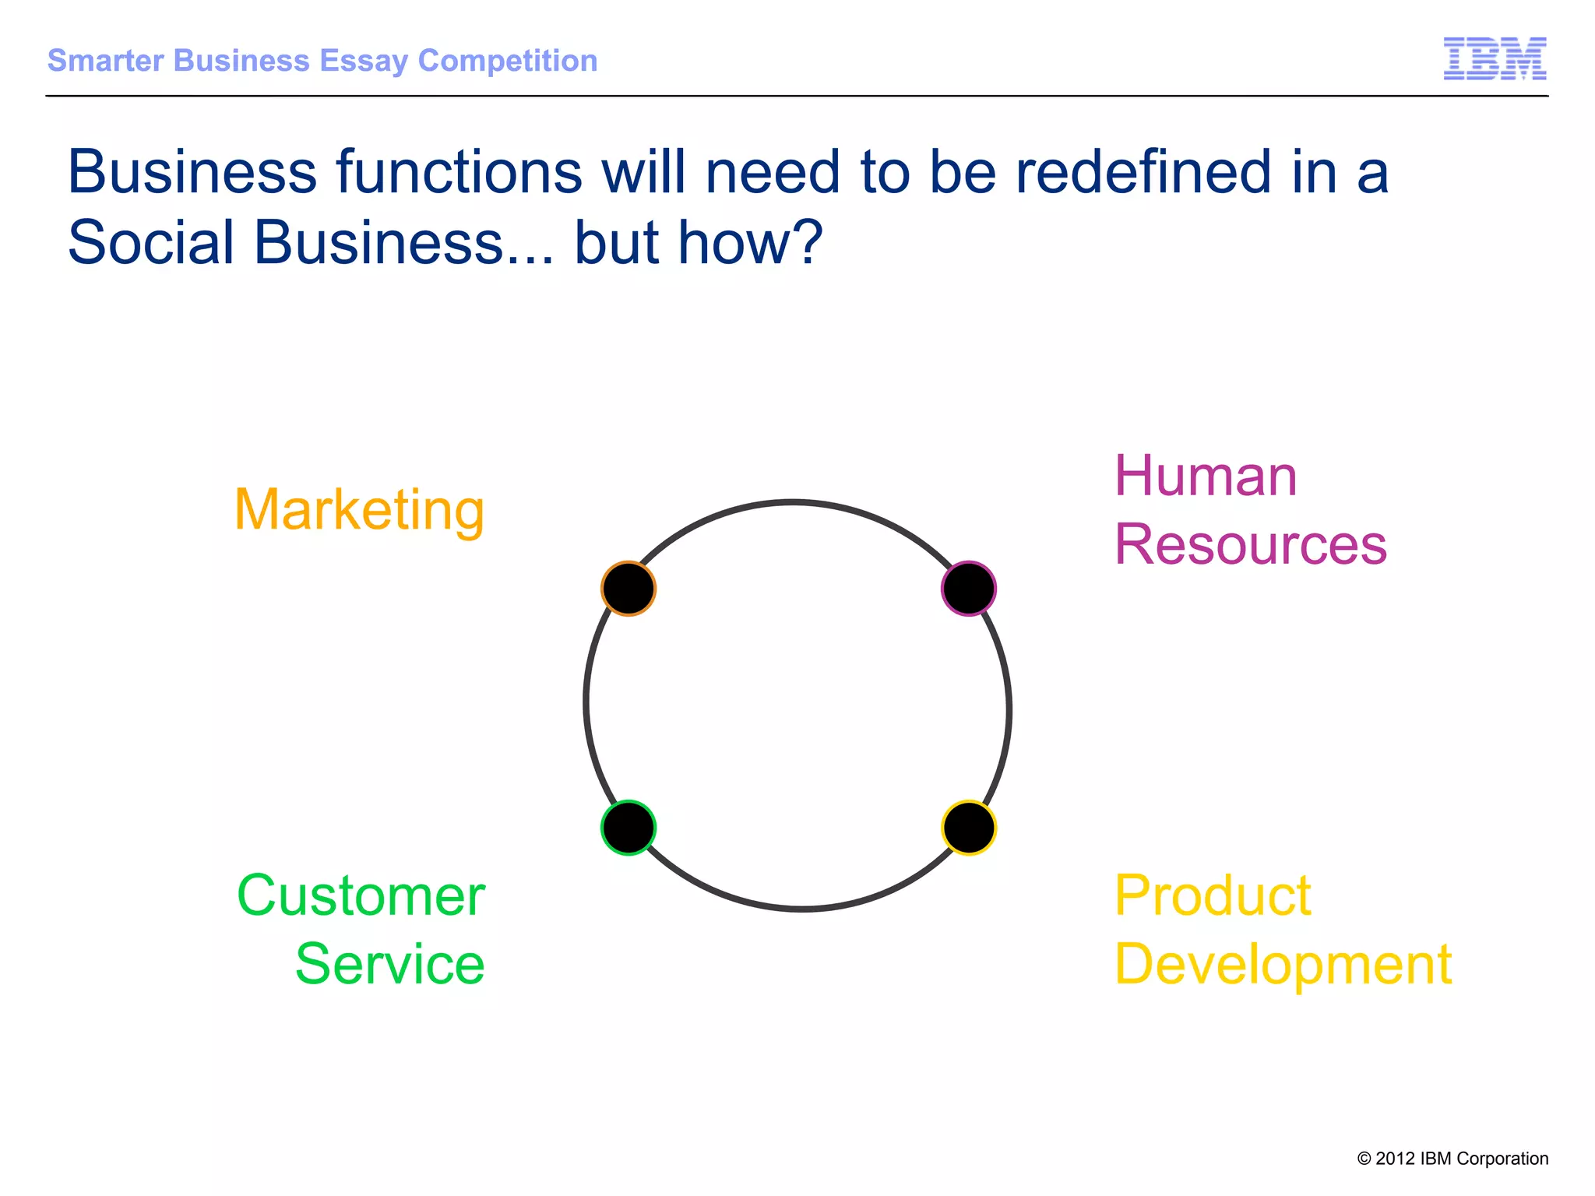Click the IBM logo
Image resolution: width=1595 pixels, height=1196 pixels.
click(x=1495, y=58)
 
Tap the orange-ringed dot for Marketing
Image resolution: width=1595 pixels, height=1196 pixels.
click(x=628, y=589)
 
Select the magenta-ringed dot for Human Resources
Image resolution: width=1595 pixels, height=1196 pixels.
click(x=968, y=589)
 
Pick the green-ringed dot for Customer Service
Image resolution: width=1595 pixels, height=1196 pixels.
click(x=628, y=828)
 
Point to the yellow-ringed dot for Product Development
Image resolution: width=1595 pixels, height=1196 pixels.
click(x=968, y=828)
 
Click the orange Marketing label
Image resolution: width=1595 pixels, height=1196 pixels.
click(x=359, y=511)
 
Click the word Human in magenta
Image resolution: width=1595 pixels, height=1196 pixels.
click(x=1206, y=476)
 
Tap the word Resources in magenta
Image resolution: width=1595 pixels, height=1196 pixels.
click(x=1250, y=544)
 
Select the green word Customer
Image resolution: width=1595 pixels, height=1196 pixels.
click(x=361, y=895)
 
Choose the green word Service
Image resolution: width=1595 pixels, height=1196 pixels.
click(x=389, y=964)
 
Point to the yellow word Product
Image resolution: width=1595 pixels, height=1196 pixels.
click(x=1213, y=895)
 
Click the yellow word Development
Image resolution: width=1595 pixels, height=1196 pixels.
click(x=1283, y=965)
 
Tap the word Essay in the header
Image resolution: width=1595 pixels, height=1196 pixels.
click(x=364, y=62)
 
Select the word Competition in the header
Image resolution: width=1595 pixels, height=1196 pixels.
click(x=508, y=61)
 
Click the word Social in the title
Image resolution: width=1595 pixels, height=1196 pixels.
click(x=151, y=242)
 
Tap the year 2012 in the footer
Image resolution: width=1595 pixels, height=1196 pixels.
click(x=1395, y=1159)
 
